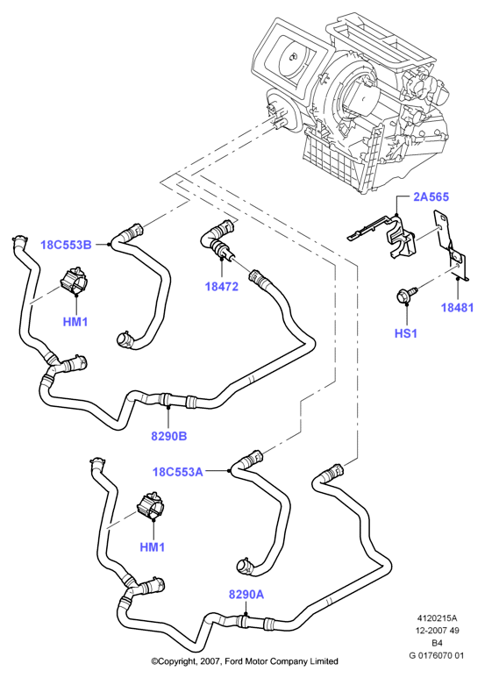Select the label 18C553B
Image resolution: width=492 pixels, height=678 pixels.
66,245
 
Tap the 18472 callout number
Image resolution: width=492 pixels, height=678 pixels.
221,286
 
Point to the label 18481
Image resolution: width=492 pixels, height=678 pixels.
457,308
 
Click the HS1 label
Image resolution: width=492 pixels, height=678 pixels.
405,333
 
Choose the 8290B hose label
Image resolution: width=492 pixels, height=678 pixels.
169,436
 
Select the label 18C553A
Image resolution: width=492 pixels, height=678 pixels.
178,471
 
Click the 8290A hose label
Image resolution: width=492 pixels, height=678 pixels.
246,595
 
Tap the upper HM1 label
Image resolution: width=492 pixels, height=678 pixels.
75,322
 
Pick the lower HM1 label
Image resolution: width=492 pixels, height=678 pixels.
153,547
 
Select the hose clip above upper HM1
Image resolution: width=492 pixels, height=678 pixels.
74,281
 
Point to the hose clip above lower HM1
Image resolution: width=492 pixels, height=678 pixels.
151,506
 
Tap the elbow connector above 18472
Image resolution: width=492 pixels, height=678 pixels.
219,241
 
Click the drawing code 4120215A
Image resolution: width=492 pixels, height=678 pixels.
437,617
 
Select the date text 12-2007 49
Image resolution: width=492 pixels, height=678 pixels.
437,631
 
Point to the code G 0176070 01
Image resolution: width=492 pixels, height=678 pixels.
437,655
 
